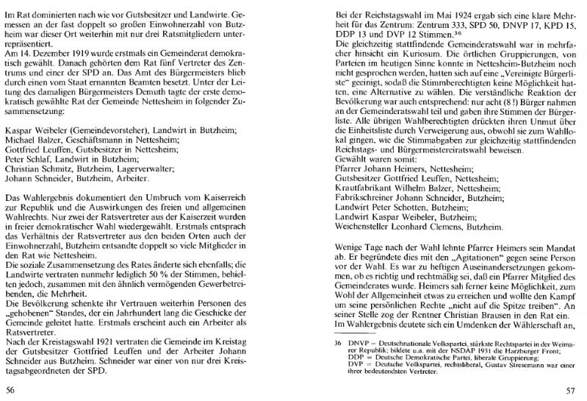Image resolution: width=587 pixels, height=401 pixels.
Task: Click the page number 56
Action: tap(10, 390)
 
